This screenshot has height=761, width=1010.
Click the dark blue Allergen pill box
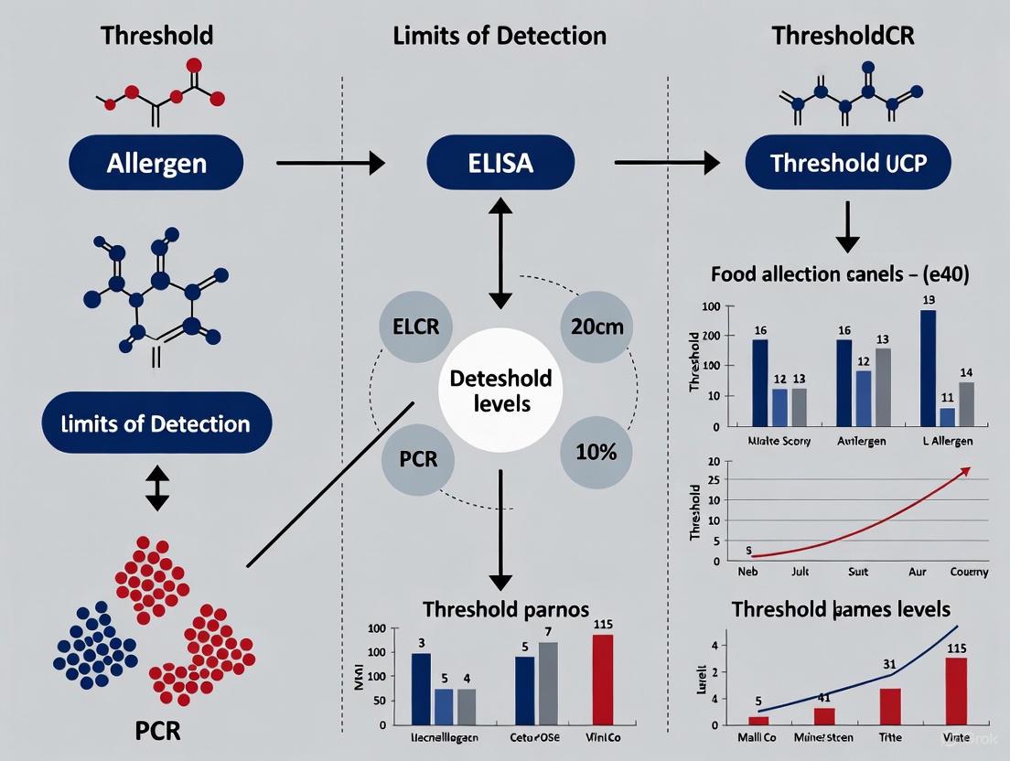click(x=156, y=164)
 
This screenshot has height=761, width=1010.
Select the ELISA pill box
click(x=500, y=164)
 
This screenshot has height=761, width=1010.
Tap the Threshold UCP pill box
click(x=847, y=164)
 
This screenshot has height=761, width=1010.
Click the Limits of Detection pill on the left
click(x=156, y=423)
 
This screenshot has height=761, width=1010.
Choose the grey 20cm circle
click(x=596, y=327)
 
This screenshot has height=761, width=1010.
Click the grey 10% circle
click(x=596, y=451)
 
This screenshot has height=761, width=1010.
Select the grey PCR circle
click(x=418, y=457)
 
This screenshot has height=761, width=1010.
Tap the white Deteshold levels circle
click(x=500, y=391)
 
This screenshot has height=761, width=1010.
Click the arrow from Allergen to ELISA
click(x=329, y=164)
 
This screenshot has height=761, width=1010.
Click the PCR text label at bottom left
click(x=157, y=731)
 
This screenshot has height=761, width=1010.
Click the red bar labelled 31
click(x=890, y=706)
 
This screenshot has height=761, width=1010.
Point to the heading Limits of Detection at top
click(x=500, y=36)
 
